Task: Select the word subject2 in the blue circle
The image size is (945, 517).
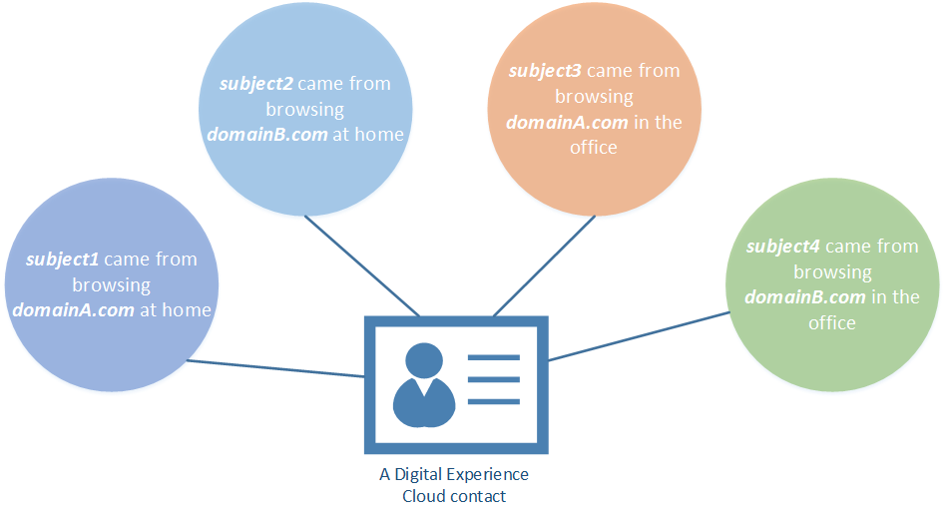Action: pos(255,84)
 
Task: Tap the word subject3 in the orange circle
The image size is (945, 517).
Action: pos(545,72)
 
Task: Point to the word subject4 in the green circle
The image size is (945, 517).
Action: pos(783,247)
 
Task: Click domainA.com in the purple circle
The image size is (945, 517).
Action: pos(73,310)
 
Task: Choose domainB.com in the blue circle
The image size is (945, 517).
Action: pos(267,135)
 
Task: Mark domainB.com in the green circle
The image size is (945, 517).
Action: pos(804,297)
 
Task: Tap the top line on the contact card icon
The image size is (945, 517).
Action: pos(494,357)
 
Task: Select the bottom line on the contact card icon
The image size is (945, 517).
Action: pos(494,401)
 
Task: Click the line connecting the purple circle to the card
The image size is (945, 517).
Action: pos(274,368)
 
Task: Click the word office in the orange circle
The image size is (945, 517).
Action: pos(594,148)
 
